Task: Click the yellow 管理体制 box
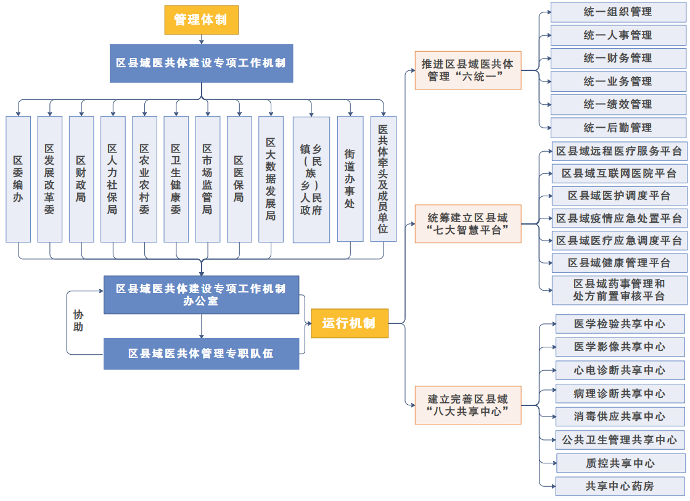[x=201, y=20]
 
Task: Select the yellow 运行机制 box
[x=349, y=323]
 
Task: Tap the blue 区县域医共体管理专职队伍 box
[x=201, y=354]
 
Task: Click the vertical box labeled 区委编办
[x=18, y=179]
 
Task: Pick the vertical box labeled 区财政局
[x=81, y=179]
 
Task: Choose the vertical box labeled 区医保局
[x=239, y=179]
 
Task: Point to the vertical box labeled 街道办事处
[x=350, y=179]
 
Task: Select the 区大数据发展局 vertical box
[x=271, y=179]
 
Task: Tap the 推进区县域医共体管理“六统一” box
[x=467, y=70]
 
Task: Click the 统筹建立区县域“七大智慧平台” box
[x=467, y=223]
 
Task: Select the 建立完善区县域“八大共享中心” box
[x=467, y=405]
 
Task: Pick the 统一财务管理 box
[x=618, y=58]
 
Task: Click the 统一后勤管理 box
[x=618, y=128]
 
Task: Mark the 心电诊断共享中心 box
[x=620, y=370]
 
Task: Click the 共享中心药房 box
[x=620, y=486]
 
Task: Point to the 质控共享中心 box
[x=620, y=463]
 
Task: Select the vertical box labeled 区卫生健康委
[x=176, y=179]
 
